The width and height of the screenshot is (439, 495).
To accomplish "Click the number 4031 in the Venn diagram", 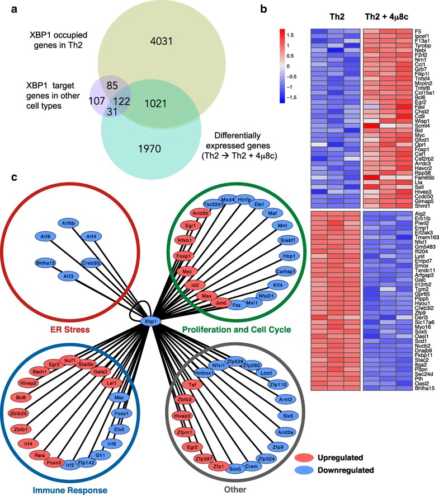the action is [x=161, y=41].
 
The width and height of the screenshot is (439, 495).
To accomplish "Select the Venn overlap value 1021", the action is [x=155, y=104].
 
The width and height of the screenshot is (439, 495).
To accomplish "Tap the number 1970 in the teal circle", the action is [x=149, y=149].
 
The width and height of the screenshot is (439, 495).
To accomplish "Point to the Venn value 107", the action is [x=97, y=101].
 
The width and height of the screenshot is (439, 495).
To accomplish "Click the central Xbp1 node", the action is [x=151, y=321].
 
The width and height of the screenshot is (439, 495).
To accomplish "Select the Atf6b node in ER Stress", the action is [x=68, y=223].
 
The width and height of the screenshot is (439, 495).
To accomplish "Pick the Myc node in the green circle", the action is [x=187, y=272].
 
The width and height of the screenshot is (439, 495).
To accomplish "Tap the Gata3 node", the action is [x=100, y=372].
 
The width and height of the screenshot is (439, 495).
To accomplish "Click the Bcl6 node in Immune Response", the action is [x=21, y=398].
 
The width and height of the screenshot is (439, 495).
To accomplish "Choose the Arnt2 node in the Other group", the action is [x=285, y=399].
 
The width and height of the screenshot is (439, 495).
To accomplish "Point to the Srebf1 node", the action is [x=288, y=240].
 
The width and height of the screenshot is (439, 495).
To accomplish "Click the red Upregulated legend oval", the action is [x=304, y=457].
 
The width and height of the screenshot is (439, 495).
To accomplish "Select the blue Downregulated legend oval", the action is [x=304, y=470].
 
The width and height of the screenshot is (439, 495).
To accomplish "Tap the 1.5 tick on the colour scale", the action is [x=290, y=35].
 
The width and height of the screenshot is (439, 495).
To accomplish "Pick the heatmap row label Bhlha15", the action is [x=424, y=388].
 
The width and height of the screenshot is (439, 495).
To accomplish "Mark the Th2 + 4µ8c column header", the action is [x=386, y=17].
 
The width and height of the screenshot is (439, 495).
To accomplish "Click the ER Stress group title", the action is [x=70, y=330].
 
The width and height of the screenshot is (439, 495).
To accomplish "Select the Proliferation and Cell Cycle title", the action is [x=237, y=330].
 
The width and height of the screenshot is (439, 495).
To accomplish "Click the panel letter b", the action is [x=263, y=9].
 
